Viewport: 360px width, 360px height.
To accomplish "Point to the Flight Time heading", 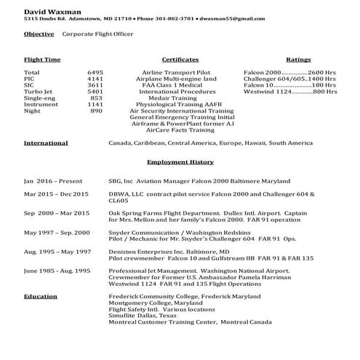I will pyautogui.click(x=42, y=59).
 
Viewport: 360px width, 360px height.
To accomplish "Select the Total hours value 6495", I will pyautogui.click(x=95, y=73).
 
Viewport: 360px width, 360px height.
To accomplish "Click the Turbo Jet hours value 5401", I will pyautogui.click(x=95, y=92).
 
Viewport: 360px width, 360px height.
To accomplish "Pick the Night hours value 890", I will pyautogui.click(x=96, y=111).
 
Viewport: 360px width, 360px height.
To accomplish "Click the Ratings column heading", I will pyautogui.click(x=298, y=59).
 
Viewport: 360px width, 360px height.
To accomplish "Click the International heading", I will pyautogui.click(x=46, y=143).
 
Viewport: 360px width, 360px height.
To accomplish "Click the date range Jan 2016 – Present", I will pyautogui.click(x=53, y=180).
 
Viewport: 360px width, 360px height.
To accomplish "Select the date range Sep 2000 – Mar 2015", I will pyautogui.click(x=57, y=213).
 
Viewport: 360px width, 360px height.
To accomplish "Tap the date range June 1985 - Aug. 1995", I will pyautogui.click(x=57, y=270).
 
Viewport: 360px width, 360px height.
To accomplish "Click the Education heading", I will pyautogui.click(x=41, y=297).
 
